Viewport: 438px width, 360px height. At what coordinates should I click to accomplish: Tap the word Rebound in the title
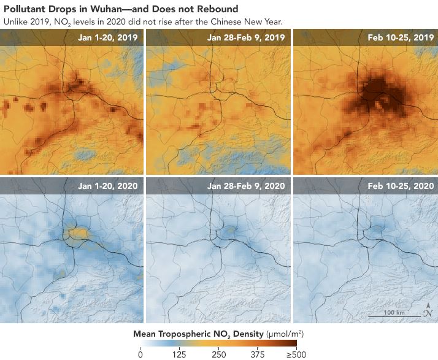pos(214,9)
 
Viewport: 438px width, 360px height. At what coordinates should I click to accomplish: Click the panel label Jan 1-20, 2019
pos(108,37)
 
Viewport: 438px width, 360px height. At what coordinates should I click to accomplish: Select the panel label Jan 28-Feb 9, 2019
pos(246,37)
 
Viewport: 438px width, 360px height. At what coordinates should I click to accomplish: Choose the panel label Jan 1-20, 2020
pos(108,185)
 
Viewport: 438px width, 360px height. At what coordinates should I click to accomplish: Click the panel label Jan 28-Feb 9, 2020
pos(246,185)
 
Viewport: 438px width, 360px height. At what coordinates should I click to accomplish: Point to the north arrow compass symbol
pos(428,311)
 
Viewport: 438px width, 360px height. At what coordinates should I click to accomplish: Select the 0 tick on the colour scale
pos(140,354)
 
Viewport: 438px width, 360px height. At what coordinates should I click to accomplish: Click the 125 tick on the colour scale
pos(180,354)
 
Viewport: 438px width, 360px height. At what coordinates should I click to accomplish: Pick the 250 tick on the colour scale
pos(219,354)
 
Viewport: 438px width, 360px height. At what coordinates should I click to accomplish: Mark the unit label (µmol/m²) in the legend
pos(285,334)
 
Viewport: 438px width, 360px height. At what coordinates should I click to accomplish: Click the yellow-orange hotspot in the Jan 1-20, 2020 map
pos(78,232)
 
